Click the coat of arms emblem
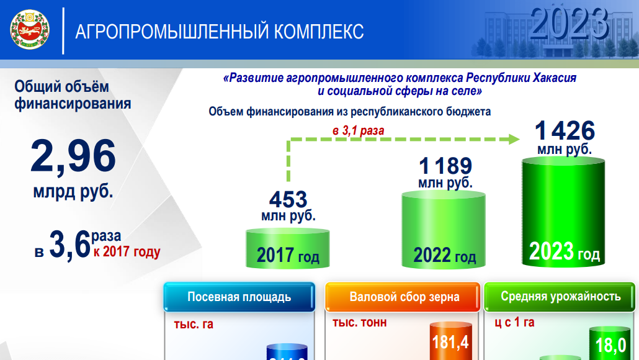29,30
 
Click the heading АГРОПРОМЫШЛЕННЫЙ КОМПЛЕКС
219,31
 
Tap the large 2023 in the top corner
569,23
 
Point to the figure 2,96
73,156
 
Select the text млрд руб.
73,191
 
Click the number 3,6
69,246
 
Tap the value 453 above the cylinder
288,199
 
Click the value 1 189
445,166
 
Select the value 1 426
565,131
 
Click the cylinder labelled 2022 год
444,230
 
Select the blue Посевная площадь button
239,297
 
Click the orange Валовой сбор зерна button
404,297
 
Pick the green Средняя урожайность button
560,296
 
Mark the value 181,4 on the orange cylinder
450,343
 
